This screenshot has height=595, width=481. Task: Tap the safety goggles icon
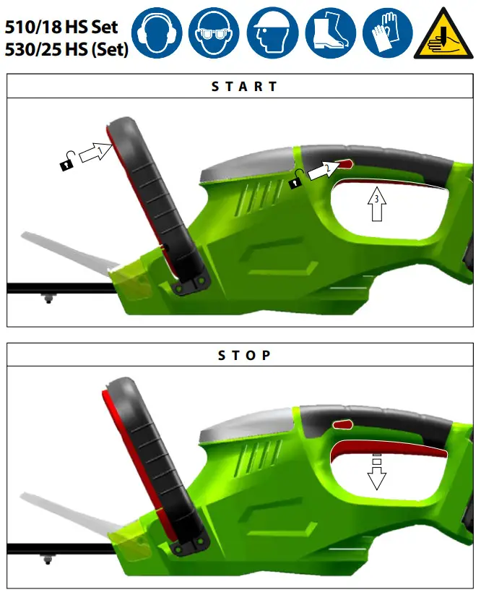pyautogui.click(x=215, y=33)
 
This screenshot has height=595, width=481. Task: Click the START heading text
pyautogui.click(x=244, y=87)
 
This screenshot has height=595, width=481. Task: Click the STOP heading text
pyautogui.click(x=244, y=356)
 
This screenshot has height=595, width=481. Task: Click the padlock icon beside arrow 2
pyautogui.click(x=295, y=181)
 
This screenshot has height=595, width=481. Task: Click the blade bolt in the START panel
pyautogui.click(x=48, y=297)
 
